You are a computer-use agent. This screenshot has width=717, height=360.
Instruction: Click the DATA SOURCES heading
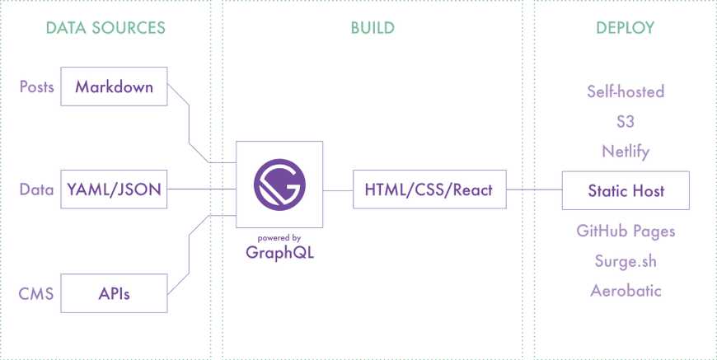click(x=105, y=28)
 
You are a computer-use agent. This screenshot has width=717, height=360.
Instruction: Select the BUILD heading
click(x=373, y=28)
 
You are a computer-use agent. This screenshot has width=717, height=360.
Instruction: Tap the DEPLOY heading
click(x=626, y=28)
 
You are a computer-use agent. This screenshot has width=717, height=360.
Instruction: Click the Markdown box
click(x=115, y=86)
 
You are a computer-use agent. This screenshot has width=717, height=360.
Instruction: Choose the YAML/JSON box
click(x=115, y=190)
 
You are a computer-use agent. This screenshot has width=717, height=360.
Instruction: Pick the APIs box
click(x=115, y=292)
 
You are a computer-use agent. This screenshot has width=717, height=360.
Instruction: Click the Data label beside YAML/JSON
click(x=36, y=190)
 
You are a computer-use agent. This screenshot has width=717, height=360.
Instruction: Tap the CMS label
click(x=36, y=292)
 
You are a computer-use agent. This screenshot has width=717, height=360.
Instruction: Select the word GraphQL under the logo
click(x=279, y=253)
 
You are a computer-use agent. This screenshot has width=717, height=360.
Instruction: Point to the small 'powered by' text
click(x=279, y=238)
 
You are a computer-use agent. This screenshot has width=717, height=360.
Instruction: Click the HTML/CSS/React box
click(x=429, y=190)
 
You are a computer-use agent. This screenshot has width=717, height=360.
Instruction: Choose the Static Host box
click(x=626, y=191)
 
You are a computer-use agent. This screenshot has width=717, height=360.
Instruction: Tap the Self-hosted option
click(x=626, y=91)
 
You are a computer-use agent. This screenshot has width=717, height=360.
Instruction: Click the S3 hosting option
click(x=626, y=121)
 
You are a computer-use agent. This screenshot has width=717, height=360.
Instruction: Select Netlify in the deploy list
click(x=626, y=152)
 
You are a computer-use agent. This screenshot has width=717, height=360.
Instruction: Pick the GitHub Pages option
click(x=626, y=231)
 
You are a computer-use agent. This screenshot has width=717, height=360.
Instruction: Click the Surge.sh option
click(x=626, y=261)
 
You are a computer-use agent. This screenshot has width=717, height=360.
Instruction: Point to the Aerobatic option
click(x=626, y=291)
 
